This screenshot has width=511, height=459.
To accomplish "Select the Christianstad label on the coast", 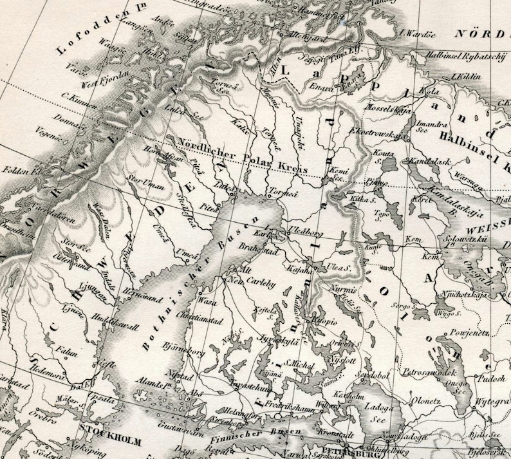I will tap(201, 317).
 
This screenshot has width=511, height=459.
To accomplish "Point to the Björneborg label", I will tap(183, 352).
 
